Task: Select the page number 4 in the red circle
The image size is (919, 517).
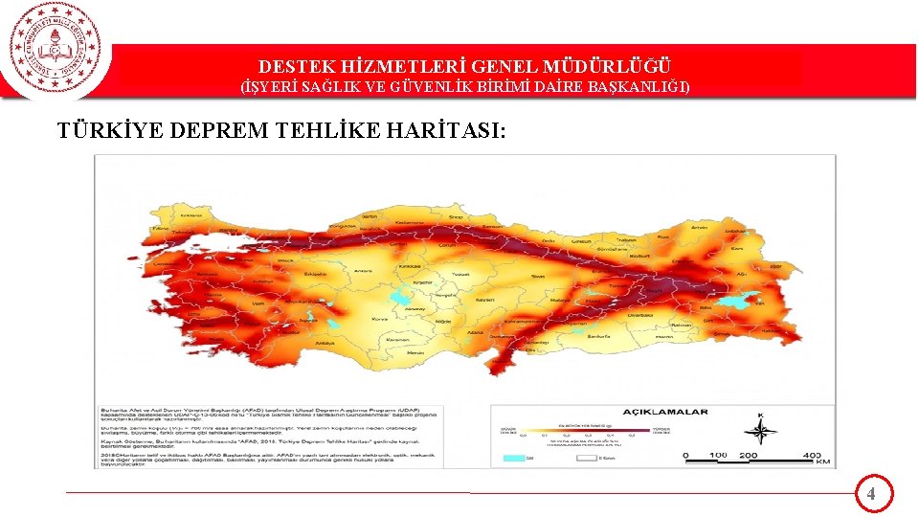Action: tap(871, 494)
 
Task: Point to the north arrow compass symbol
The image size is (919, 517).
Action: tap(760, 433)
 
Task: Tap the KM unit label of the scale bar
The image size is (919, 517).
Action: tap(822, 462)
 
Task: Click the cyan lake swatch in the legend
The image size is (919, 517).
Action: tap(514, 458)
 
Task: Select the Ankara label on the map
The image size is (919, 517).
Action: tap(363, 271)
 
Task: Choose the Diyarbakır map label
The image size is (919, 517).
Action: tap(639, 313)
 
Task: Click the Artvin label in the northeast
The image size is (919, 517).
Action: tap(700, 227)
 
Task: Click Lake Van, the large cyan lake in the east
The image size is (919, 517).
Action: tap(736, 301)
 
